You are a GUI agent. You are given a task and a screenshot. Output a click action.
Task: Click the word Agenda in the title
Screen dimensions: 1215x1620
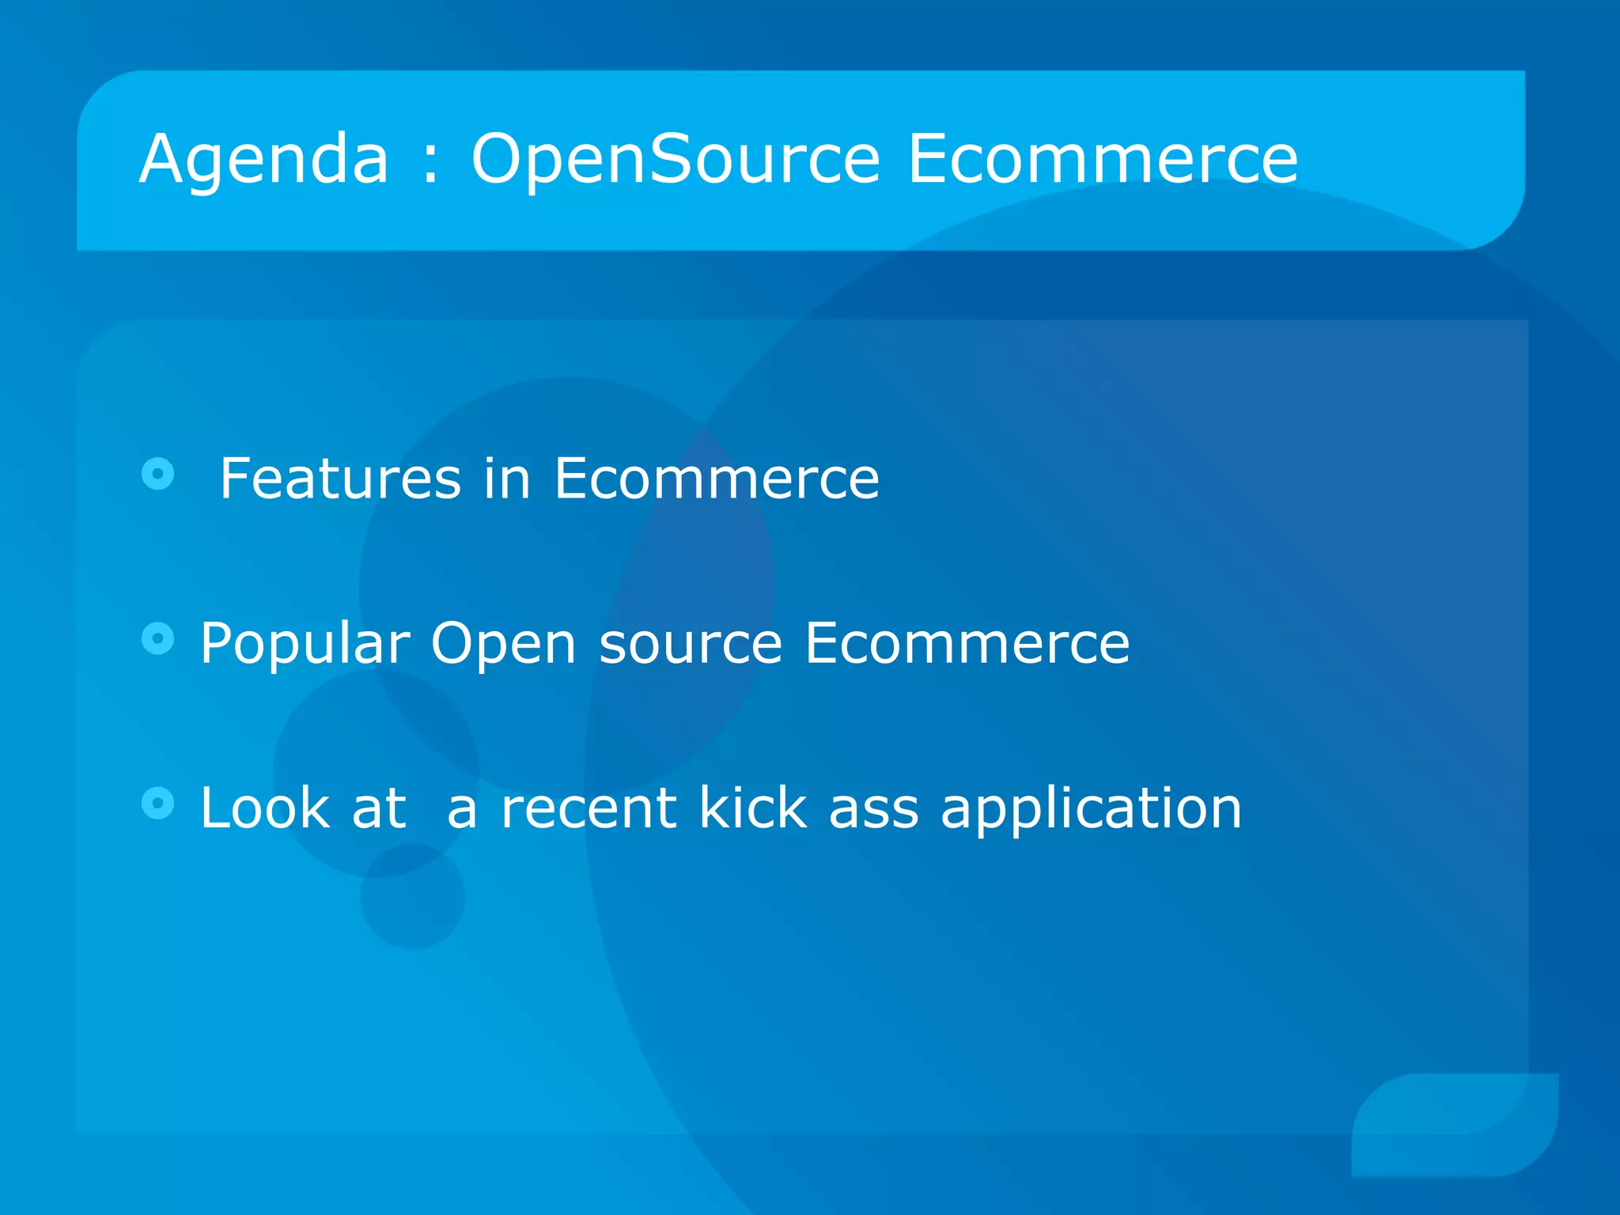click(x=263, y=161)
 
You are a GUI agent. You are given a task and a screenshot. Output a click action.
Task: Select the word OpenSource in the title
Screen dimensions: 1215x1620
click(x=675, y=161)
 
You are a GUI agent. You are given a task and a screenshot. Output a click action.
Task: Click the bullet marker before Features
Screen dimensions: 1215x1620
click(x=158, y=474)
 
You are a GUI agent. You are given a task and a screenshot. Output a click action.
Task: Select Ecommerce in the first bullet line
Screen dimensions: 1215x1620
click(x=716, y=479)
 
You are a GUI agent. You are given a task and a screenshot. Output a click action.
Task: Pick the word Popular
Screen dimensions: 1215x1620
click(x=305, y=644)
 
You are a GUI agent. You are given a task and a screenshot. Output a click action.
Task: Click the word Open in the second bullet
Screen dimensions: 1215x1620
click(x=503, y=644)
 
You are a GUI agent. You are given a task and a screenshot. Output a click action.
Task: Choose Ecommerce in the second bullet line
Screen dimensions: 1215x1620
click(x=967, y=642)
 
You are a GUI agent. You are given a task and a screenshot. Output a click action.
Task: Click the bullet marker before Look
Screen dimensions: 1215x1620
click(x=158, y=803)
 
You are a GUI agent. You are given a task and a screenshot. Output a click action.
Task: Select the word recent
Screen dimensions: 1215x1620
click(x=589, y=809)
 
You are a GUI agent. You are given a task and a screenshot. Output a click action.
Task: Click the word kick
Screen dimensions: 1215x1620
click(x=751, y=808)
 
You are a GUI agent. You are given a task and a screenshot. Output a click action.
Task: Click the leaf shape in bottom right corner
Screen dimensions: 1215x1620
click(x=1455, y=1124)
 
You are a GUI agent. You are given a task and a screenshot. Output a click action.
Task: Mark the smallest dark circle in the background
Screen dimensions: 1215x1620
click(x=412, y=896)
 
